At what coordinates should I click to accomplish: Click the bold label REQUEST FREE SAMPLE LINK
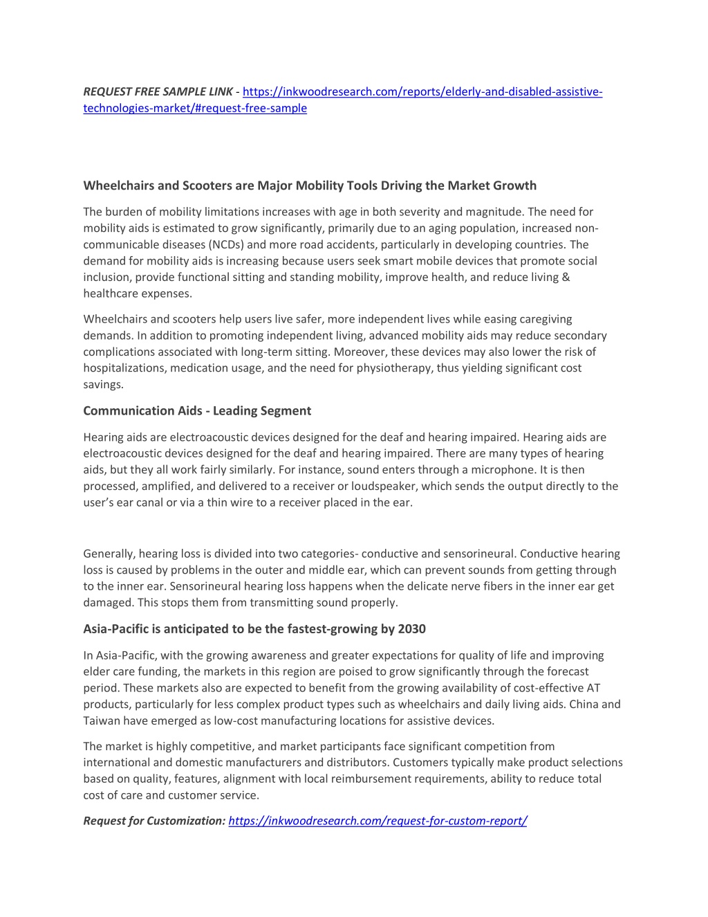point(158,91)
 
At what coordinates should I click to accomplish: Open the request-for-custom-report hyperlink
point(378,821)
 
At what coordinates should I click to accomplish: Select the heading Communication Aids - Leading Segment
point(197,411)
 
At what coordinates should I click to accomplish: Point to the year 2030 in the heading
point(412,629)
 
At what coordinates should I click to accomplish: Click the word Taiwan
point(102,720)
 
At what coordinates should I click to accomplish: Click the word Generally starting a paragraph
point(109,554)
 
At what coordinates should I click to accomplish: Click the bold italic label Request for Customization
point(154,821)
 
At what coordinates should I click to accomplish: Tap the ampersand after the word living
point(566,277)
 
